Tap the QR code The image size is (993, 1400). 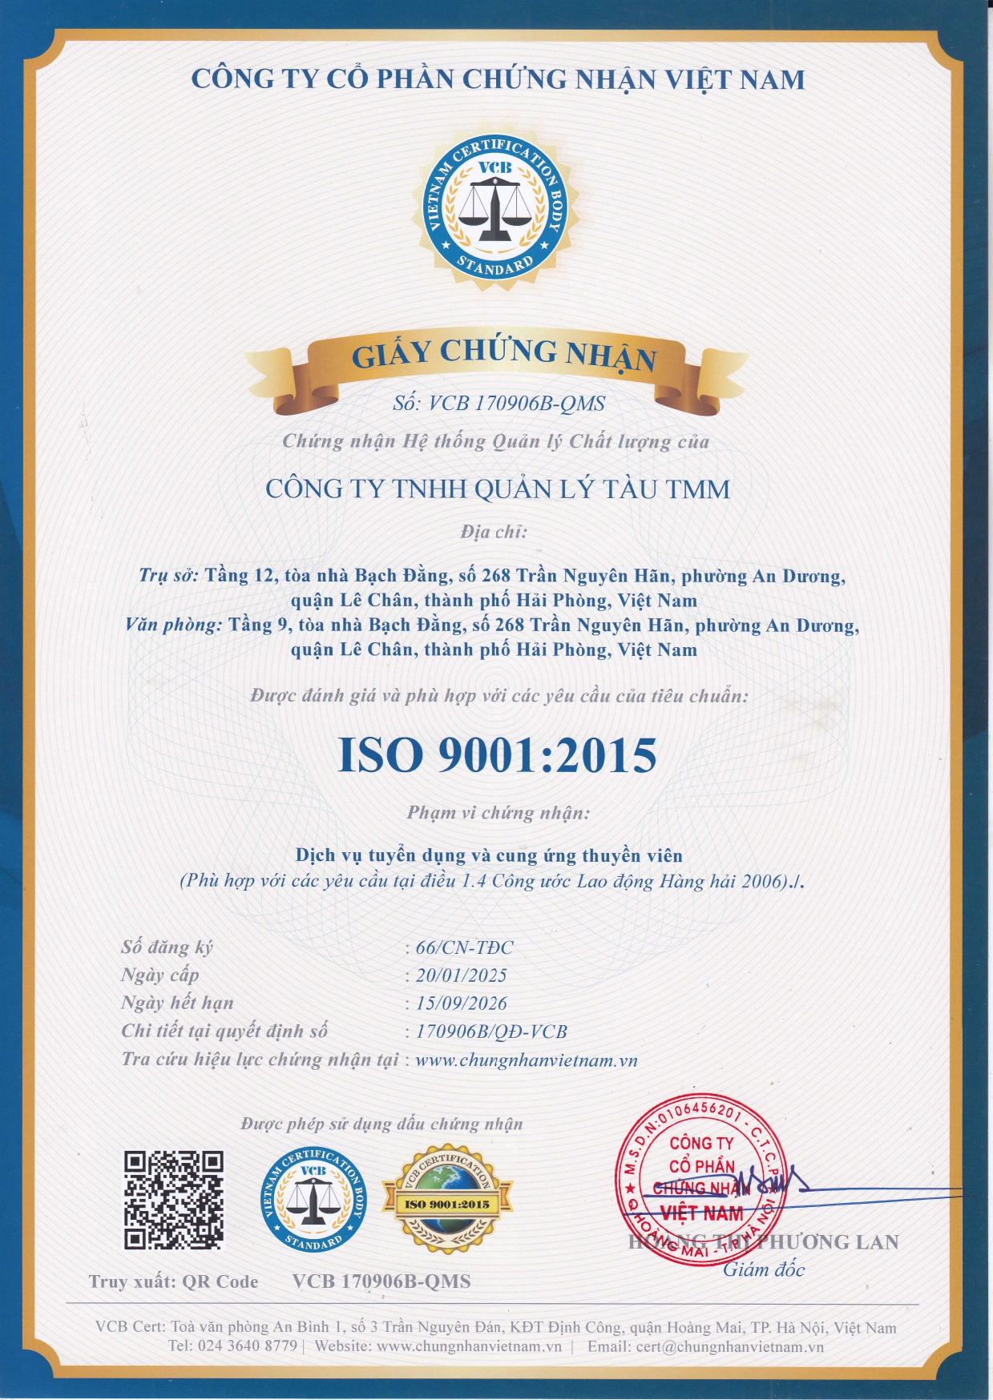click(173, 1199)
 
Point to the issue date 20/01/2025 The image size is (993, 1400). click(462, 976)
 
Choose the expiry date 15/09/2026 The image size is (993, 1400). click(462, 1004)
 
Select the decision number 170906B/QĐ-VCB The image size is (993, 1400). click(491, 1032)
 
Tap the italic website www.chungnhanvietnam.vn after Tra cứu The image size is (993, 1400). click(527, 1060)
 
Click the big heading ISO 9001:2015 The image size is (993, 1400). click(497, 755)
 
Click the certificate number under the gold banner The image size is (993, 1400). click(499, 404)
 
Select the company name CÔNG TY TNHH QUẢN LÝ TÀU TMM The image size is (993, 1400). click(498, 489)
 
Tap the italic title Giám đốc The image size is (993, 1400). click(764, 1269)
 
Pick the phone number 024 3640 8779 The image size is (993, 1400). click(247, 1346)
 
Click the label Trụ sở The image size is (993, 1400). click(168, 576)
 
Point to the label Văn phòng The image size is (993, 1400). click(173, 625)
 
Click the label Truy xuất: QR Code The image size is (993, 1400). click(173, 1282)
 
